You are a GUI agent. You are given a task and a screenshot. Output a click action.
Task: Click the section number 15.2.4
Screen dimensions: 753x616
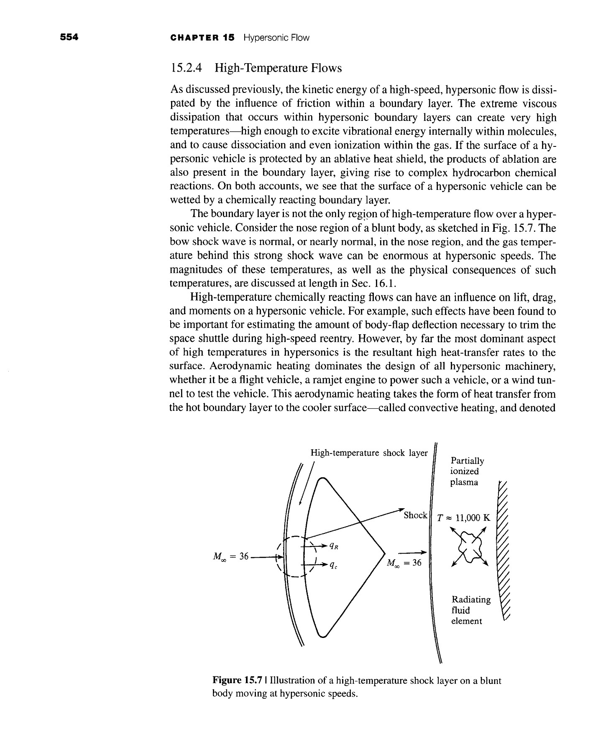pos(187,68)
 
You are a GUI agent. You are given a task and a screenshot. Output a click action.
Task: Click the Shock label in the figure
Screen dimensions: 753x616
pos(415,515)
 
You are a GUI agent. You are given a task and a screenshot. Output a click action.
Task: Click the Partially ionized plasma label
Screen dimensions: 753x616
pos(467,471)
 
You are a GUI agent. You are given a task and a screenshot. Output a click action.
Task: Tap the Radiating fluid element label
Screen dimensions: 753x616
pos(470,610)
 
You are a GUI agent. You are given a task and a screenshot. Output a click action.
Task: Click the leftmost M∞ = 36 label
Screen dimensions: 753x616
pos(230,556)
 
